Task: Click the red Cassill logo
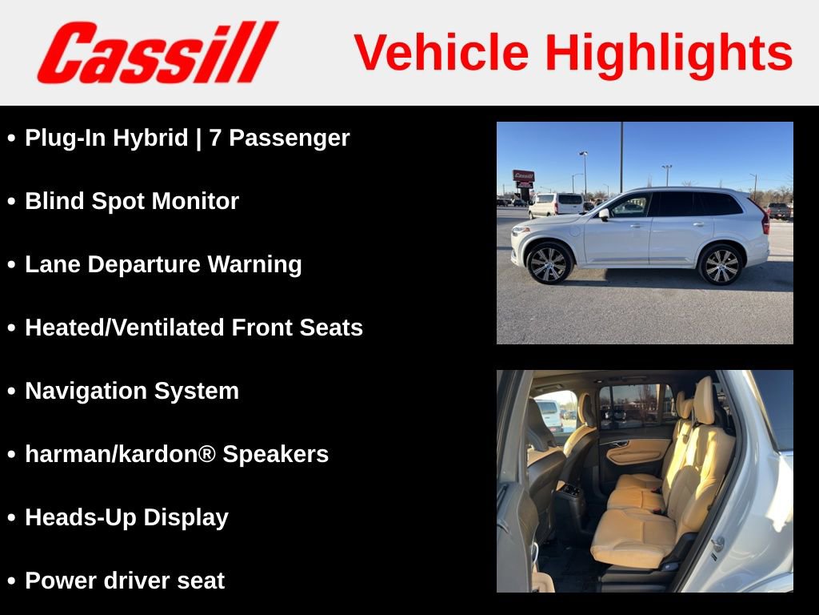pos(157,52)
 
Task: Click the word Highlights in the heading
pos(669,53)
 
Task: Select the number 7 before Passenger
pos(214,138)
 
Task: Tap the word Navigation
pos(86,391)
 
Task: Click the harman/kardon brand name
pos(120,454)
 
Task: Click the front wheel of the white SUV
pos(549,263)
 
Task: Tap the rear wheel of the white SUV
pos(721,264)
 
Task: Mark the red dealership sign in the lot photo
pos(523,176)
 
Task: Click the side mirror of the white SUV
pos(604,215)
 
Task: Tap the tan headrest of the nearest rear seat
pos(704,400)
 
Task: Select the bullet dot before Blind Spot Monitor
pos(11,202)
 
